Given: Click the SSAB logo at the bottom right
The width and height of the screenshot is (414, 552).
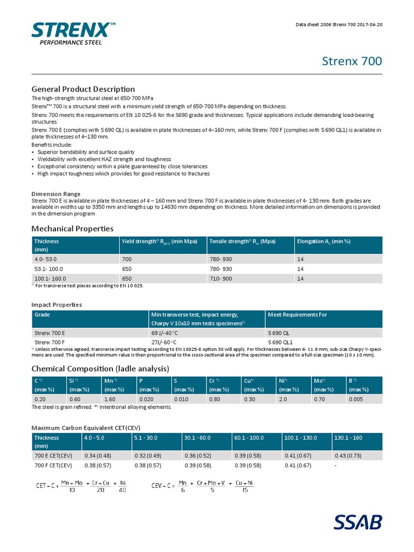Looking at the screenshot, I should pos(357,522).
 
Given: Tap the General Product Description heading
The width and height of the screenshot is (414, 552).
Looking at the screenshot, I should pos(83,89).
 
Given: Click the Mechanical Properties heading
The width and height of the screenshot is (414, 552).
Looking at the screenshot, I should pos(72,229).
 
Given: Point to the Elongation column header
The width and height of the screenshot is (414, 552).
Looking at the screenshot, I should pos(323,241).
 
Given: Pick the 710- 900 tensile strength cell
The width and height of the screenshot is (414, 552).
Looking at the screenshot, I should pos(220,279).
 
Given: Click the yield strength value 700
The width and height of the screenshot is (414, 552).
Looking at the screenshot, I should pos(127,259).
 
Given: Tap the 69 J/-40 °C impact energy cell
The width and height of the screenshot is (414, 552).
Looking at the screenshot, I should pos(164,333).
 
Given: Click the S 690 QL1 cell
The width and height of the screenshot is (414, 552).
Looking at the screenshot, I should pos(281,342).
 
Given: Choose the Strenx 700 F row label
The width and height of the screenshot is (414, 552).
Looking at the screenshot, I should pos(50,342).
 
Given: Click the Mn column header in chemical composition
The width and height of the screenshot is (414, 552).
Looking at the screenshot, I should pos(109,381).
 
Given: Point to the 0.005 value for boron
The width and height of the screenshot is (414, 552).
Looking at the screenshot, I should pos(356,399).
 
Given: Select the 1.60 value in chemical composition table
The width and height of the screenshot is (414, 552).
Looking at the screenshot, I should pos(109,399).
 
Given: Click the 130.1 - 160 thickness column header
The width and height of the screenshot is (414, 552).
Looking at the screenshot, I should pos(349,438).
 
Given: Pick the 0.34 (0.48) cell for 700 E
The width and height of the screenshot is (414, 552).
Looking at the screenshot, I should pos(98,456).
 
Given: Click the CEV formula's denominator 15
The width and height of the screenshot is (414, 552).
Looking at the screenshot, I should pos(245,490).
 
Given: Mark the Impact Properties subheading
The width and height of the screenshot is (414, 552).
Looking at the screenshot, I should pos(57,305).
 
